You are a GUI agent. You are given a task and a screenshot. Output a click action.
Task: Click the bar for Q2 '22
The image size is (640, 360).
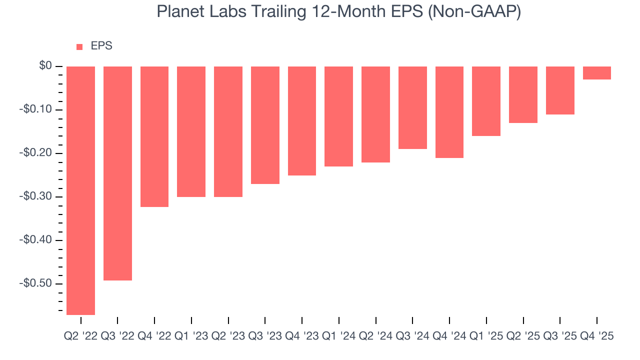tap(80, 190)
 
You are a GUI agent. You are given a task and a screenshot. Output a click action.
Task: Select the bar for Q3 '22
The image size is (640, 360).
tap(117, 173)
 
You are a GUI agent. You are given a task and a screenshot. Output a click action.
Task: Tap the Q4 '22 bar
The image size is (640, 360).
tap(154, 136)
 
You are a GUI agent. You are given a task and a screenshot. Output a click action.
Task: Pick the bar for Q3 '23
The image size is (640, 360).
tap(265, 125)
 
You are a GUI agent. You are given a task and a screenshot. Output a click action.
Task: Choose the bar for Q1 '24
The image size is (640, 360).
tap(338, 116)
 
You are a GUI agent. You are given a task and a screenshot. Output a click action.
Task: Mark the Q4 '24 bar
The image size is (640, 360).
tap(449, 112)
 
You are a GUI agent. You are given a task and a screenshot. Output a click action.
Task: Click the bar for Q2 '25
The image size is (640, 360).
tap(523, 94)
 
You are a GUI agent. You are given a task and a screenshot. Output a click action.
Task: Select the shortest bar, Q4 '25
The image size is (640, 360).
tap(596, 73)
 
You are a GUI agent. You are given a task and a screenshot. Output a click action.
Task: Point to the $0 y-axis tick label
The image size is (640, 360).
tap(46, 66)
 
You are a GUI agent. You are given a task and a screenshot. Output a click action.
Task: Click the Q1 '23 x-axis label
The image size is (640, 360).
tap(191, 336)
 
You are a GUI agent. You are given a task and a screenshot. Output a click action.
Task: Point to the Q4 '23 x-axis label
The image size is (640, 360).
tap(301, 336)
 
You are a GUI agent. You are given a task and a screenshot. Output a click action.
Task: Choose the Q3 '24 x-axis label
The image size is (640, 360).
tap(412, 336)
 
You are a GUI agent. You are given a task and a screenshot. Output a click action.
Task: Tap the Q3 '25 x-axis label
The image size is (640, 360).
tap(560, 336)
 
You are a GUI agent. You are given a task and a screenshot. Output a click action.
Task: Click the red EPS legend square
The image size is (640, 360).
tap(79, 47)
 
